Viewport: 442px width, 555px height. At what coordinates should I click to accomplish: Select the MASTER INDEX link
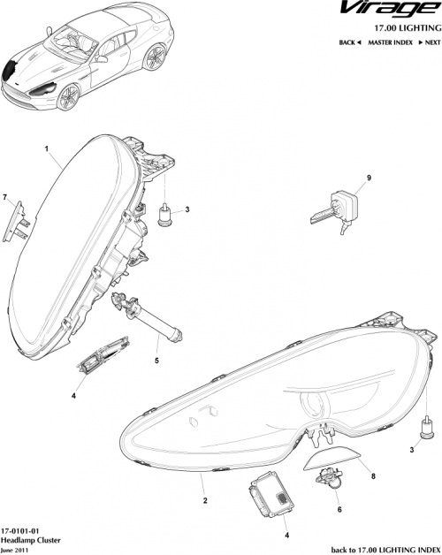click(390, 42)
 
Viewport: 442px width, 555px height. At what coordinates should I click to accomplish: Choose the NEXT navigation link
click(428, 42)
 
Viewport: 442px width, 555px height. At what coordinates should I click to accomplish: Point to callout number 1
click(45, 150)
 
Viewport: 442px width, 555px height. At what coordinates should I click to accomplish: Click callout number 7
click(5, 195)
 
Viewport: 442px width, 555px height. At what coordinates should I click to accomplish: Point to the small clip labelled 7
click(17, 217)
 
